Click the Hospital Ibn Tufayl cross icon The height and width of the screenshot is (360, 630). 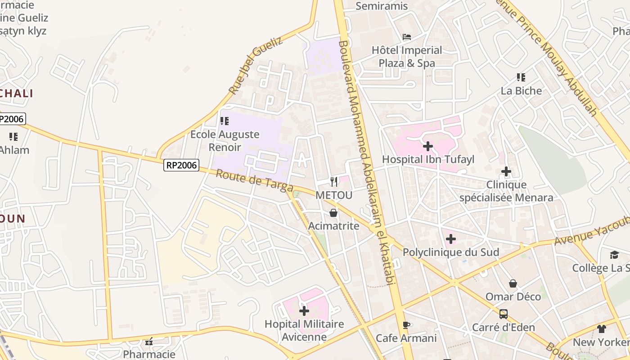(428, 146)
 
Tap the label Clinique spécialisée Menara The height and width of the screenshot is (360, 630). (506, 191)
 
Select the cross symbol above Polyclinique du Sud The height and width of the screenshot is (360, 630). (451, 239)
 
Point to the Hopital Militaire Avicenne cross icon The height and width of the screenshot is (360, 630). (304, 310)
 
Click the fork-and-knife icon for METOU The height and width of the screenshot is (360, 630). (334, 181)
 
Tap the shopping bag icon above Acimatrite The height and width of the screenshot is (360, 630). (333, 212)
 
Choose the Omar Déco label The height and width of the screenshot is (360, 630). (513, 297)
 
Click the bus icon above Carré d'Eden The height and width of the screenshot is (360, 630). (504, 314)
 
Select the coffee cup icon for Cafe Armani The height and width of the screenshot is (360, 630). (406, 325)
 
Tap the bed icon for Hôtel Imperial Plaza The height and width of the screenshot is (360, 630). (407, 37)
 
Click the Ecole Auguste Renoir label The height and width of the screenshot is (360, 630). (225, 140)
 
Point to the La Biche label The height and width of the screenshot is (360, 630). (521, 90)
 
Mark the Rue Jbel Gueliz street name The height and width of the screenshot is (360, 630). (255, 65)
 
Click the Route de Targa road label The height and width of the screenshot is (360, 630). (254, 180)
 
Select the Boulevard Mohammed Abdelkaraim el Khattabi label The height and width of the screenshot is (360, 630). (367, 162)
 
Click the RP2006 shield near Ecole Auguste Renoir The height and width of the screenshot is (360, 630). (181, 165)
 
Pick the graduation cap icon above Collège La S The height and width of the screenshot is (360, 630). (614, 255)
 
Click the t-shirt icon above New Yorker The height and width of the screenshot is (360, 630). (602, 328)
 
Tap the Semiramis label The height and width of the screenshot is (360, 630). (382, 6)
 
